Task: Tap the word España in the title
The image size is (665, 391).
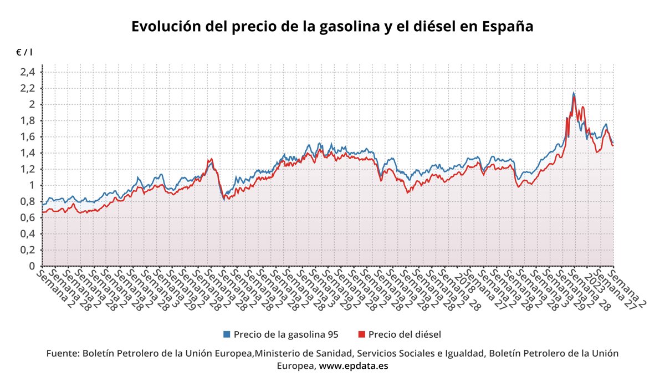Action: click(x=508, y=27)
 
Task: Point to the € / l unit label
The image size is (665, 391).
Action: click(x=24, y=52)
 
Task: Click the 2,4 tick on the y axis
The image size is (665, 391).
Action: click(x=28, y=72)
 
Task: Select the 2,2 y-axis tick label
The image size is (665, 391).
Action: click(x=28, y=88)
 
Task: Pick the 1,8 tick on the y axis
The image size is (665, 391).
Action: click(x=28, y=120)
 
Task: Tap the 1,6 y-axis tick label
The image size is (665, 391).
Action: click(x=28, y=136)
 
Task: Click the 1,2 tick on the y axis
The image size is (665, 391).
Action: click(x=28, y=169)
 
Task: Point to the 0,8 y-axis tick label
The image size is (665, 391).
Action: click(x=28, y=201)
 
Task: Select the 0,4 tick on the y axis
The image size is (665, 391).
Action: click(x=28, y=233)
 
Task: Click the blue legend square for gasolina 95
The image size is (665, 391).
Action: click(x=227, y=334)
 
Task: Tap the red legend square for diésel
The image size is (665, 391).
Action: click(x=361, y=334)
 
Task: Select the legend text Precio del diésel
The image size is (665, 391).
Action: click(x=404, y=334)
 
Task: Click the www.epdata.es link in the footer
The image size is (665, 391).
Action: click(x=354, y=366)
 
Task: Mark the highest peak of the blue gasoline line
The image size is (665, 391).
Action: click(x=573, y=93)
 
